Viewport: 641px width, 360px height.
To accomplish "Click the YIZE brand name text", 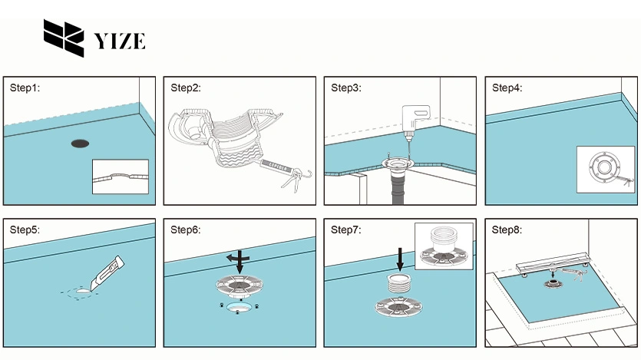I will click(118, 41).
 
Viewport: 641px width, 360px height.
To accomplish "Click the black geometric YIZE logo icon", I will click(63, 39).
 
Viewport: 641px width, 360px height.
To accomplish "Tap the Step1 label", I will click(25, 88).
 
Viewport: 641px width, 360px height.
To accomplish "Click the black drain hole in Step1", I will click(80, 143).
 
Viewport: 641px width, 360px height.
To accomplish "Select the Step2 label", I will click(185, 88).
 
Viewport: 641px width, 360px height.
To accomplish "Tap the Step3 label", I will click(345, 88).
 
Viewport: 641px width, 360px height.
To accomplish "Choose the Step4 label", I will click(507, 88).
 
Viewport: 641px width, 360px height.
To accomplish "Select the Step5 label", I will click(25, 230).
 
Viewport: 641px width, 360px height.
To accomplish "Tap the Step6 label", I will click(185, 230).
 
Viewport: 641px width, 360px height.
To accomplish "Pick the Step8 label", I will click(507, 230).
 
